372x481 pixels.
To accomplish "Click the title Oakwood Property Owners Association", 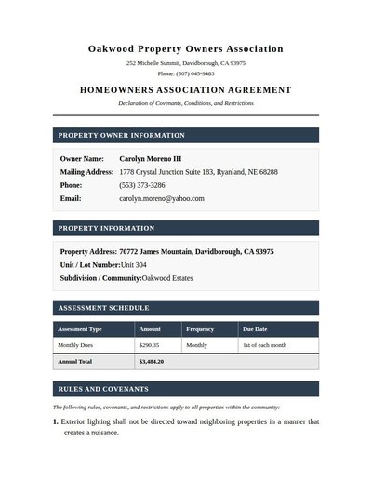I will click(x=186, y=48).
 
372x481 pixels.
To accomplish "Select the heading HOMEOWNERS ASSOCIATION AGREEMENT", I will click(x=186, y=90).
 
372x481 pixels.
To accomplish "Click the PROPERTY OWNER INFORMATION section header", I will click(x=121, y=136).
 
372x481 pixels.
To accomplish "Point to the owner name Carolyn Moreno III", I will click(x=151, y=159).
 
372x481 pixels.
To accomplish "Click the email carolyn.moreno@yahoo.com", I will click(x=162, y=198).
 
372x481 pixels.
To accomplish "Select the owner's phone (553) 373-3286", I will click(x=142, y=185).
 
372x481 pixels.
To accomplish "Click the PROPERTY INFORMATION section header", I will click(x=106, y=228).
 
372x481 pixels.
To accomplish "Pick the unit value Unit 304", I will click(x=134, y=265).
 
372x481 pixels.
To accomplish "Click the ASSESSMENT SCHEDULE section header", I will click(x=103, y=308).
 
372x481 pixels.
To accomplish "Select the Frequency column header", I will click(x=200, y=329).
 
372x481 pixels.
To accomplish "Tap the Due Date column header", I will click(x=255, y=329).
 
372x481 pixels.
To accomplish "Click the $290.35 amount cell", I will click(x=149, y=345).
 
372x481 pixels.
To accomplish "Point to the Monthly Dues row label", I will click(x=77, y=345).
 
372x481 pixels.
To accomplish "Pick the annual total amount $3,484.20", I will click(x=152, y=361).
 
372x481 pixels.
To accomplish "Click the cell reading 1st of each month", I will click(x=264, y=345).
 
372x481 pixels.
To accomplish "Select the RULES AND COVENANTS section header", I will click(x=102, y=389).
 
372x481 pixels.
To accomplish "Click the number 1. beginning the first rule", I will click(x=55, y=421).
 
